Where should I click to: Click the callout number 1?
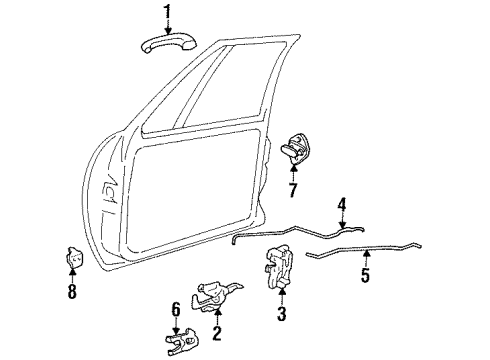pos(168,12)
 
